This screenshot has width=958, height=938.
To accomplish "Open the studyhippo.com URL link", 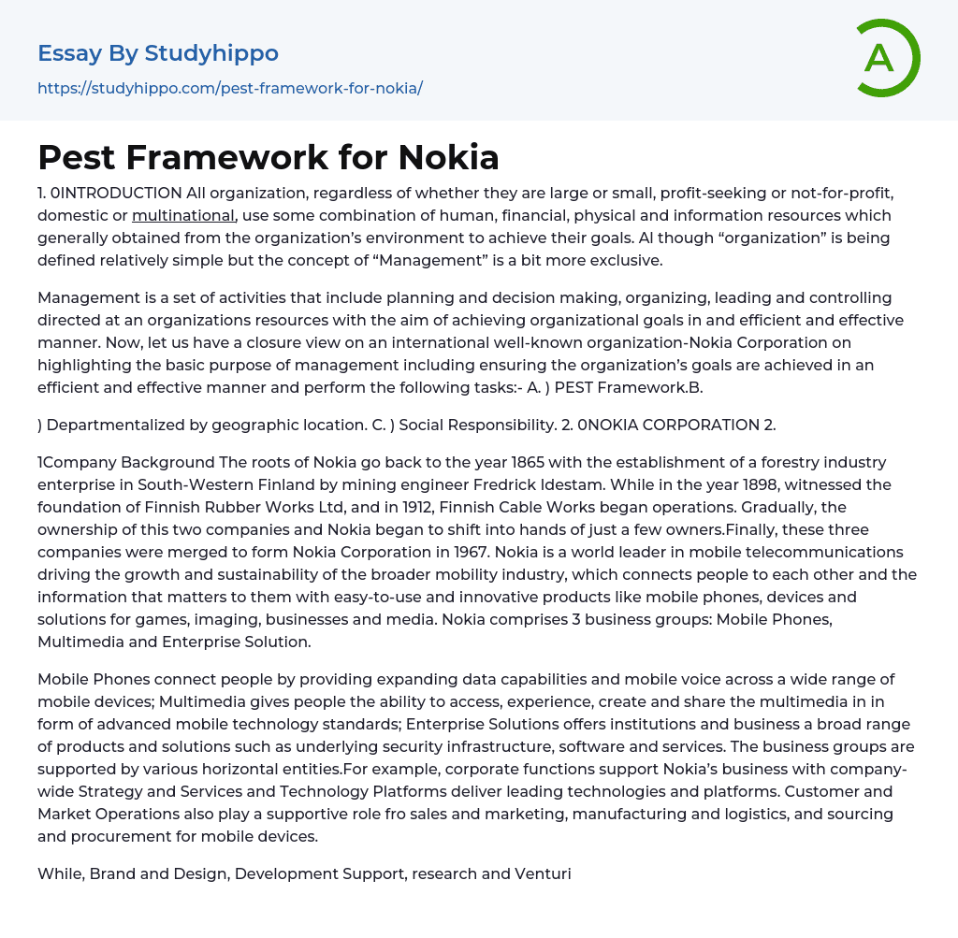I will [x=230, y=88].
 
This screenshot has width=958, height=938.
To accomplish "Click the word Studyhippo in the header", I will [x=211, y=53].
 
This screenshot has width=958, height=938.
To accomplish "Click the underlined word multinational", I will [x=183, y=216].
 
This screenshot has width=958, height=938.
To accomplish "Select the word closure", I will [x=302, y=342].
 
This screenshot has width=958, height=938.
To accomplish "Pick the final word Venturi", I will [x=543, y=873].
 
